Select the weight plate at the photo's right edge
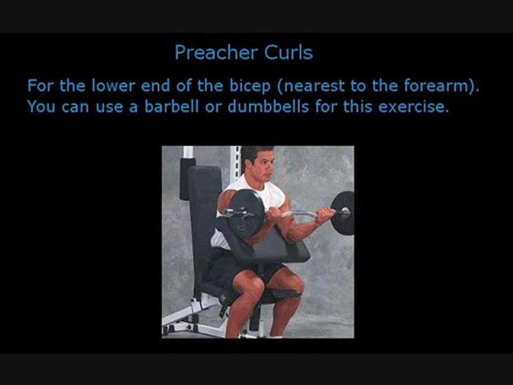(x=344, y=213)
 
